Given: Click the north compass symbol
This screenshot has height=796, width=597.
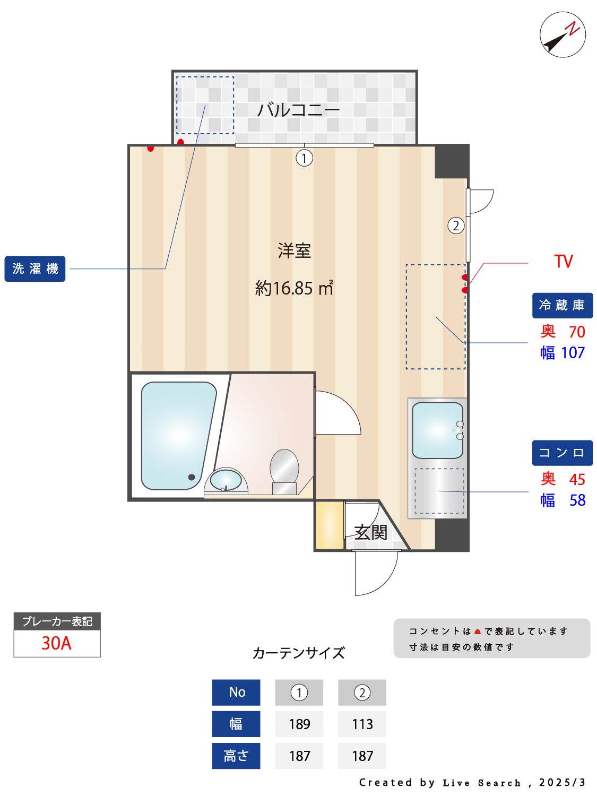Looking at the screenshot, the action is pyautogui.click(x=562, y=34).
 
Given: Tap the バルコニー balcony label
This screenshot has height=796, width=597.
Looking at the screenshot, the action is pyautogui.click(x=298, y=109).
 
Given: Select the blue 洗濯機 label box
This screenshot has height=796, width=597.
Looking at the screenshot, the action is pyautogui.click(x=35, y=269).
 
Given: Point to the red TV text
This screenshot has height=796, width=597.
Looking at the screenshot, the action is pyautogui.click(x=563, y=261).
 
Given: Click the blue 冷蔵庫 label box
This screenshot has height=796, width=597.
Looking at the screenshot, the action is pyautogui.click(x=562, y=305).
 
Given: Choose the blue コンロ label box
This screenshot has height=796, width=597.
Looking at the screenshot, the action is pyautogui.click(x=562, y=453).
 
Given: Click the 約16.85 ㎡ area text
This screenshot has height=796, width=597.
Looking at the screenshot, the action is pyautogui.click(x=294, y=288).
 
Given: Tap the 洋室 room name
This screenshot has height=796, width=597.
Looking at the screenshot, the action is pyautogui.click(x=294, y=250).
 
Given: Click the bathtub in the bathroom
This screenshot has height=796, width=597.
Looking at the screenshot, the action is pyautogui.click(x=178, y=435).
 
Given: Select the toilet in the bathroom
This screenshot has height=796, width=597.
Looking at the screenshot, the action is pyautogui.click(x=284, y=471).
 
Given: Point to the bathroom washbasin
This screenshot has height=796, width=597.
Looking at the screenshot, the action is pyautogui.click(x=226, y=480).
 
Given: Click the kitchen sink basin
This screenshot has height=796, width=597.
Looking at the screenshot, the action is pyautogui.click(x=437, y=430).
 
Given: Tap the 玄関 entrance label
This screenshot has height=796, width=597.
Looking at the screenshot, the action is pyautogui.click(x=370, y=532).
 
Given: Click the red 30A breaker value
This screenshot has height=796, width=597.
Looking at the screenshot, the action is pyautogui.click(x=57, y=643).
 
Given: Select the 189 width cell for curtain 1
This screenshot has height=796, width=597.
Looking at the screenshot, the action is pyautogui.click(x=299, y=724).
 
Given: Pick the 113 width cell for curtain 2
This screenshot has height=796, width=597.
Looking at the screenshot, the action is pyautogui.click(x=362, y=724).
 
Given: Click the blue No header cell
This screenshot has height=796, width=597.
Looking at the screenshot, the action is pyautogui.click(x=236, y=693).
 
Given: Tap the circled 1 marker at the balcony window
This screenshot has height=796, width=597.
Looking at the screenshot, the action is pyautogui.click(x=304, y=158).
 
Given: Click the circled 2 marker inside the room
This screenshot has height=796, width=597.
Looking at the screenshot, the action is pyautogui.click(x=456, y=226).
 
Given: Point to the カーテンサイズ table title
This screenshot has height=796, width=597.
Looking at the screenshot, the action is pyautogui.click(x=298, y=653).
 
